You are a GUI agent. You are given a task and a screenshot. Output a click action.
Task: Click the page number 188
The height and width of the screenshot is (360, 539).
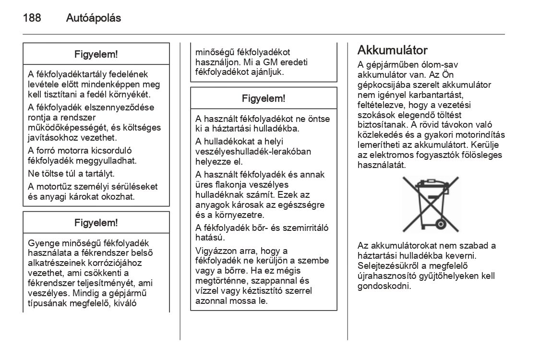(32, 18)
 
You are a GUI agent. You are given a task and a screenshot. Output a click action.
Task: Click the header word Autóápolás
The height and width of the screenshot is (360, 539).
(93, 18)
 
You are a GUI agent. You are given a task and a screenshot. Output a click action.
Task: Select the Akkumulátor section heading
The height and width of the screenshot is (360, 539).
(393, 50)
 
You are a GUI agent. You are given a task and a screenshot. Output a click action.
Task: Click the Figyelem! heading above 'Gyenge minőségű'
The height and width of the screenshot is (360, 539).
(96, 223)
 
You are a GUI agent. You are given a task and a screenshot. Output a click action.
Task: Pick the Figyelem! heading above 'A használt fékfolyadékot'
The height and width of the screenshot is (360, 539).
(264, 98)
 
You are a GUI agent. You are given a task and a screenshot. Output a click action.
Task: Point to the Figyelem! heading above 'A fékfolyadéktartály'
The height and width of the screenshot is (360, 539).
(96, 54)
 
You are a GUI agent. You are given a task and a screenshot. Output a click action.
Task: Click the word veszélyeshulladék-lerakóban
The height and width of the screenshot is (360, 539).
(253, 152)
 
